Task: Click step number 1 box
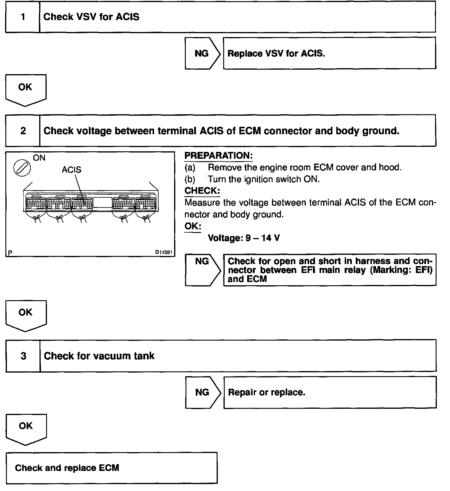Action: (x=23, y=17)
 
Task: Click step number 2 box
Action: (x=23, y=131)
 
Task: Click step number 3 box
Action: (x=23, y=356)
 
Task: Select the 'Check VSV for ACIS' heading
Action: (x=91, y=17)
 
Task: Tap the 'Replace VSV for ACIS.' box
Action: (x=329, y=54)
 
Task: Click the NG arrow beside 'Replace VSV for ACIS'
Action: (x=202, y=54)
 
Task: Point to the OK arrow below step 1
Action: (x=25, y=89)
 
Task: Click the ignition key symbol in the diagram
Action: (x=22, y=168)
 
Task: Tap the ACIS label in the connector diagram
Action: (x=72, y=170)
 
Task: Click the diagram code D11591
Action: (x=164, y=252)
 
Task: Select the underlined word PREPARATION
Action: (x=218, y=156)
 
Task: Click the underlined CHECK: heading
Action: (x=202, y=191)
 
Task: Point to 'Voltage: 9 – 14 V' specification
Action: (x=244, y=238)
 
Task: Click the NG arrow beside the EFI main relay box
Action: (x=203, y=270)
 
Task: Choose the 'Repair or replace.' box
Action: (x=329, y=392)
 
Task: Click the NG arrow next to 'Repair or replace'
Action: (x=203, y=392)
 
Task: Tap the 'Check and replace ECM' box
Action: (x=111, y=468)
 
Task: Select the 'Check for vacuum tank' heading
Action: (x=99, y=356)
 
